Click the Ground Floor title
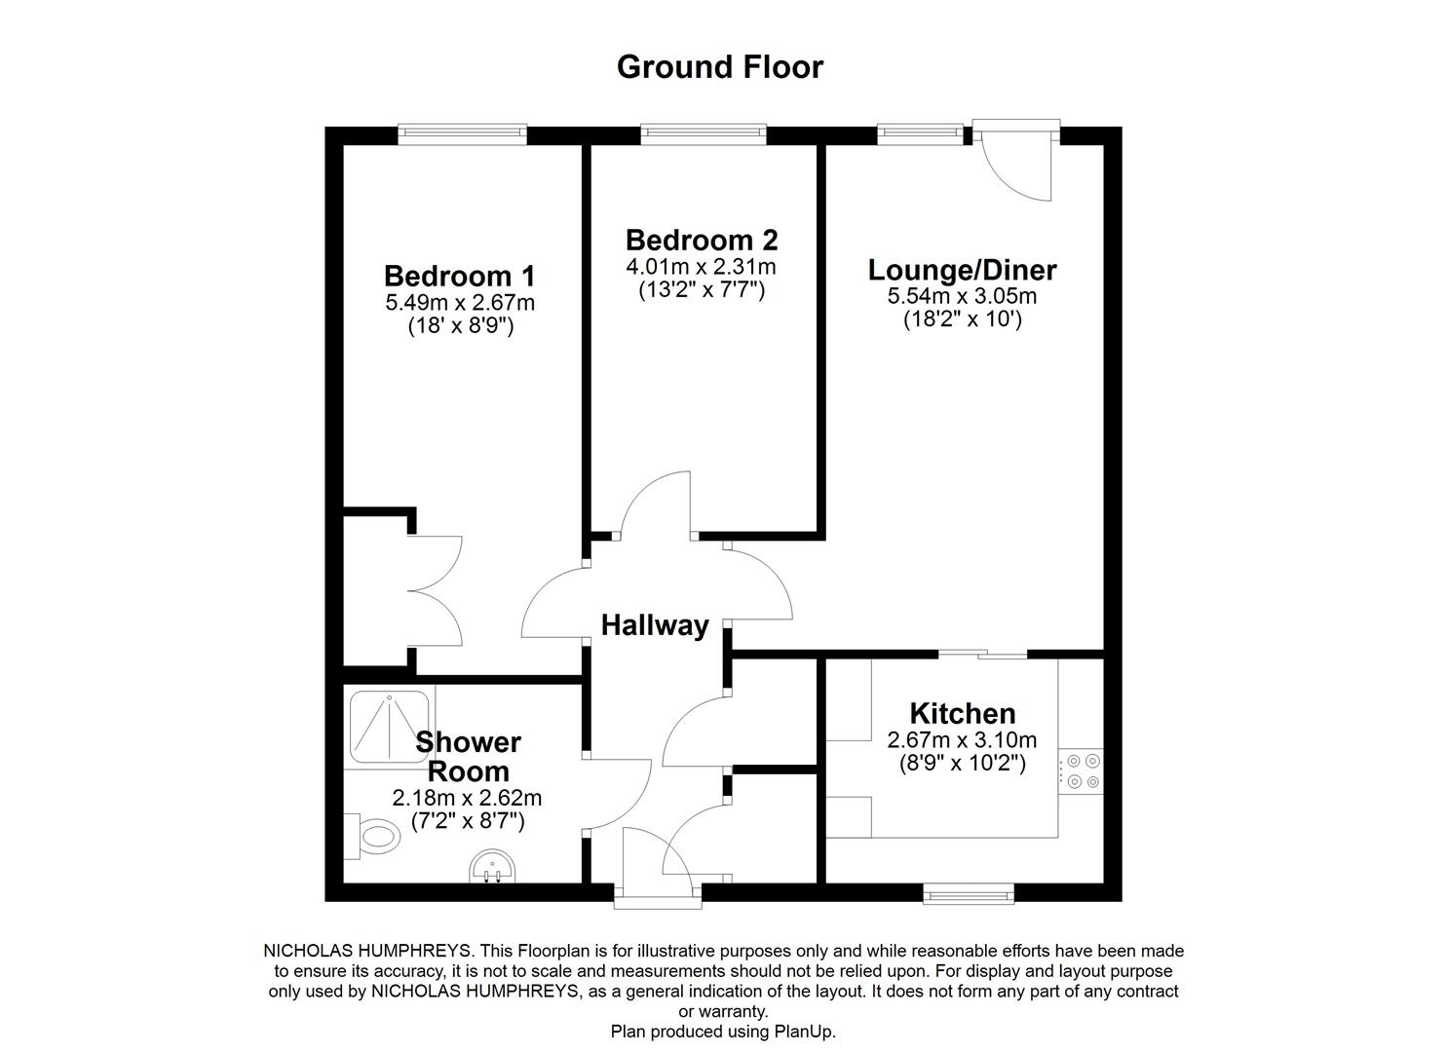click(x=720, y=67)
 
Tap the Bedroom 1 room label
click(x=459, y=276)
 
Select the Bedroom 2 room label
click(x=702, y=240)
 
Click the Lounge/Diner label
click(x=962, y=269)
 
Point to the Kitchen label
click(x=962, y=713)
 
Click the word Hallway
click(x=655, y=625)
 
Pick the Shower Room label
click(x=469, y=757)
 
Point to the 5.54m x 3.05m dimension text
click(x=962, y=296)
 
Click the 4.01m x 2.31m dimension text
click(x=702, y=267)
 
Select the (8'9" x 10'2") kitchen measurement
click(x=962, y=764)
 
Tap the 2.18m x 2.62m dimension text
click(x=467, y=798)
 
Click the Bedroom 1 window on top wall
click(x=462, y=134)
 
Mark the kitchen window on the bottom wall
click(x=969, y=892)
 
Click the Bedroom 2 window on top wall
click(x=703, y=134)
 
